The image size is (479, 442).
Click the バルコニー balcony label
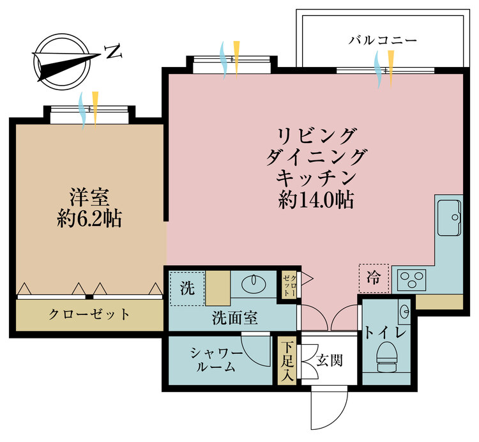point(383,40)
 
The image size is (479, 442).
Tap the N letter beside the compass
point(113,52)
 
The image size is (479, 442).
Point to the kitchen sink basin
point(449,218)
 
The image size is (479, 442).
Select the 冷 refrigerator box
point(374,278)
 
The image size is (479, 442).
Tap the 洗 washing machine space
point(187,288)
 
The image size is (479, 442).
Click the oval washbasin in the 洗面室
point(254,284)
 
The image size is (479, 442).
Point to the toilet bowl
point(387,356)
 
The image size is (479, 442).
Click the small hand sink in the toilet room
point(404,312)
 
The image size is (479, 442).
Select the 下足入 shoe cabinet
point(287,361)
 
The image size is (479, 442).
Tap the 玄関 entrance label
point(330,360)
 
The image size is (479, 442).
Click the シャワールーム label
point(217,360)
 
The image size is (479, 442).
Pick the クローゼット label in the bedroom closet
point(89,314)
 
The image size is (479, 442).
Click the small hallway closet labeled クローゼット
point(289,286)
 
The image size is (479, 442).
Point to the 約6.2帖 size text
point(89,218)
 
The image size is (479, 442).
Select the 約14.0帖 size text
point(316,201)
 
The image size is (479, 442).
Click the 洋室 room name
point(89,197)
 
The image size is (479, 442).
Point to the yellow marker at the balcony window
point(391,69)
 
